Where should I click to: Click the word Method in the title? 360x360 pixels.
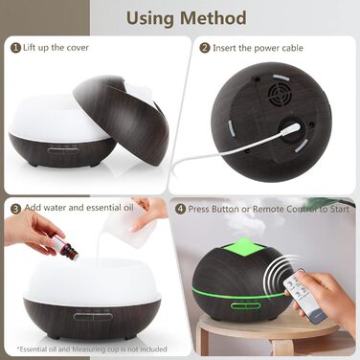point(213,17)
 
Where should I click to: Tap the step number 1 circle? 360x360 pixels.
point(15,48)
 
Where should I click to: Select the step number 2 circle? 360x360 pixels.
point(205,48)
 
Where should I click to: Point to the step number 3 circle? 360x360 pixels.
point(15,210)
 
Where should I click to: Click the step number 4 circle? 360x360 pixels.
point(181,210)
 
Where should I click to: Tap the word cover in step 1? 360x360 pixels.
point(78,48)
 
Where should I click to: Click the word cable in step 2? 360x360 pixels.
point(292,48)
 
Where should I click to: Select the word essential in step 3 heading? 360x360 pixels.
point(99,208)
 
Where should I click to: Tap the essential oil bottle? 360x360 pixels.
point(64,246)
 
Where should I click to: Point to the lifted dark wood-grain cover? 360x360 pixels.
point(121,119)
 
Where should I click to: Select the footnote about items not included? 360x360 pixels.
point(93,349)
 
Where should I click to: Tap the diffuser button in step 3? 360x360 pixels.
point(93,317)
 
